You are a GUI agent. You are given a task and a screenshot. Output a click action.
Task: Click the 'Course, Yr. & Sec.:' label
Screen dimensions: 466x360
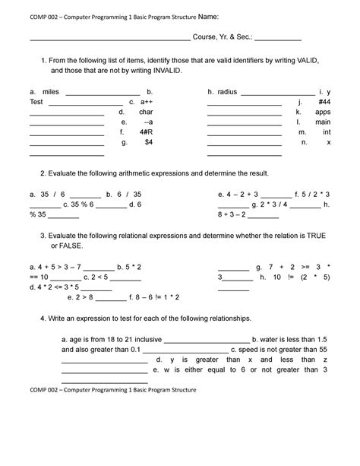coord(226,37)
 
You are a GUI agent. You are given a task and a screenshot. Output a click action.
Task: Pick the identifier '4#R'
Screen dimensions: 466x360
coord(146,132)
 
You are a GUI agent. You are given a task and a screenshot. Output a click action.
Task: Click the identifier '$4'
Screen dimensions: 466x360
coord(148,142)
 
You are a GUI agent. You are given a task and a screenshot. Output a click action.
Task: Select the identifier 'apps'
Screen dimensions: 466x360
coord(323,111)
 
